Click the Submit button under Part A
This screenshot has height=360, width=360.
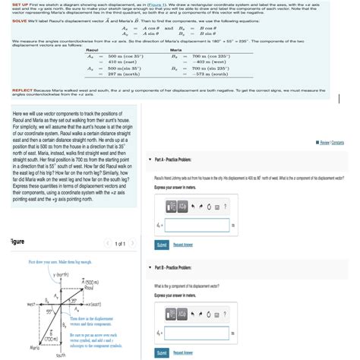point(161,245)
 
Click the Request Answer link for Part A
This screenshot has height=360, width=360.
point(183,245)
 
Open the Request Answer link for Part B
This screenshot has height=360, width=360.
point(183,354)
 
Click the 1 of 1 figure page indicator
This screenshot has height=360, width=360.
point(119,242)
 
